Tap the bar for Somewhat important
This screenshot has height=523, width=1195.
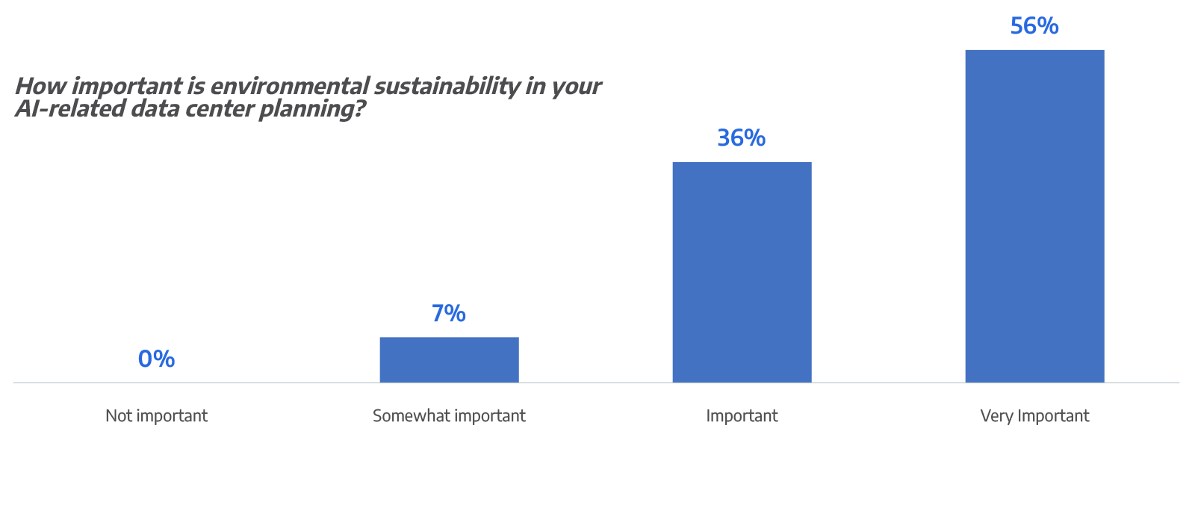(449, 359)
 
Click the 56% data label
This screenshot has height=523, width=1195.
(1034, 26)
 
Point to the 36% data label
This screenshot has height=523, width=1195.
(742, 137)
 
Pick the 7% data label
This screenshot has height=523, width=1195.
(449, 313)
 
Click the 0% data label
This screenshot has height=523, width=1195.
(156, 359)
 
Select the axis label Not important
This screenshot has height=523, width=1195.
(156, 415)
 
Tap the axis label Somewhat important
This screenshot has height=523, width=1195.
(449, 415)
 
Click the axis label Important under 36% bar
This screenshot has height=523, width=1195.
(742, 415)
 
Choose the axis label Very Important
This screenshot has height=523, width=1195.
(1034, 415)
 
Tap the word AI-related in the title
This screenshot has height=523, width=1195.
(70, 110)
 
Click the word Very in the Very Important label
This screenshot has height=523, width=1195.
(996, 415)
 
